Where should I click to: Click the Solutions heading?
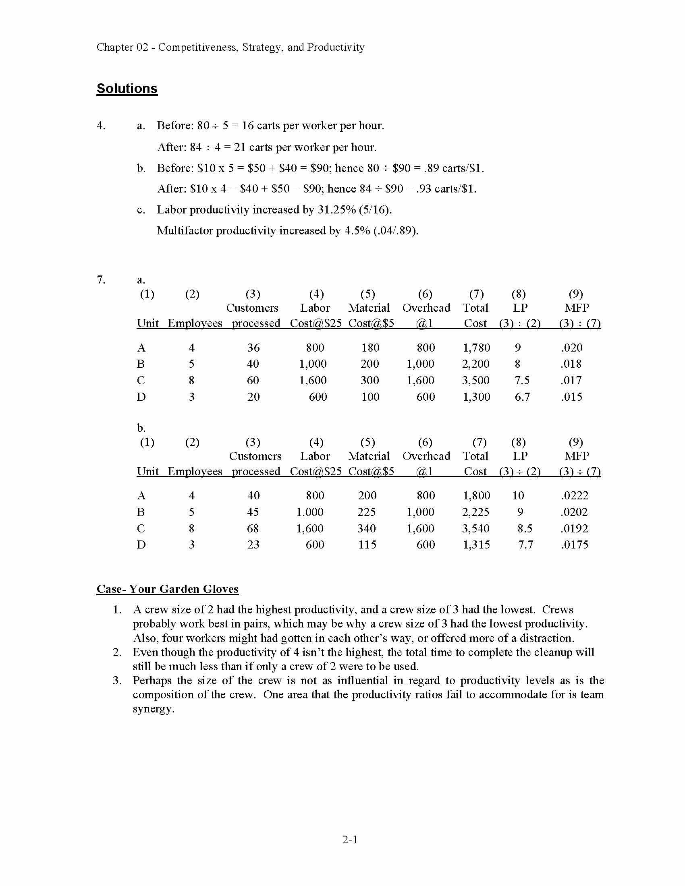pyautogui.click(x=127, y=89)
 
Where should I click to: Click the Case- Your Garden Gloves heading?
pyautogui.click(x=167, y=589)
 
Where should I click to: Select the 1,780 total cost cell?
pyautogui.click(x=476, y=348)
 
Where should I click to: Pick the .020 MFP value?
pyautogui.click(x=571, y=348)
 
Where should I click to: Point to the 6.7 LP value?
pyautogui.click(x=522, y=397)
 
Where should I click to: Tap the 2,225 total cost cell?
pyautogui.click(x=475, y=512)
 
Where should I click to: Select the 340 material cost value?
pyautogui.click(x=367, y=529)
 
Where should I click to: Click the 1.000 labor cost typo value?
pyautogui.click(x=309, y=512)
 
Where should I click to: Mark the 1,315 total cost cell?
pyautogui.click(x=476, y=545)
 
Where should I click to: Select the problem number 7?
pyautogui.click(x=101, y=279)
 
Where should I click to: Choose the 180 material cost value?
pyautogui.click(x=370, y=348)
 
